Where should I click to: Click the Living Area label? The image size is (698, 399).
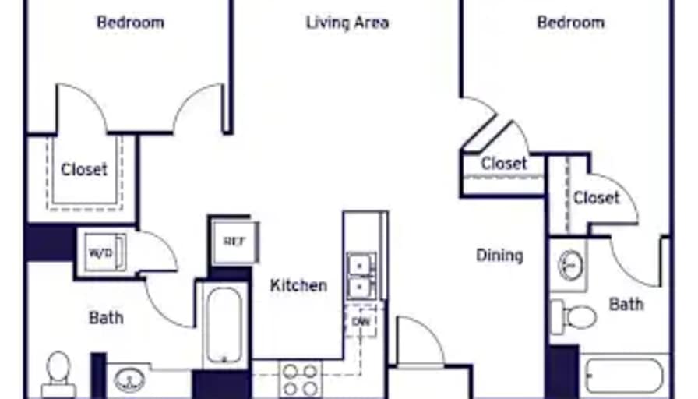tap(347, 23)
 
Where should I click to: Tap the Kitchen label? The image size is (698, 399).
tap(298, 285)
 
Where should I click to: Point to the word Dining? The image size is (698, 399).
tap(499, 256)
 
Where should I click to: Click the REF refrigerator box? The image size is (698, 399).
tap(234, 242)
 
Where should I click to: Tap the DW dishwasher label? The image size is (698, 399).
tap(361, 321)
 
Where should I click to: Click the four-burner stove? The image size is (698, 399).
tap(301, 379)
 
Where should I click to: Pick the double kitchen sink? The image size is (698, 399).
tap(361, 276)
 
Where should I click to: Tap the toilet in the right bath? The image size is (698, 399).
tap(573, 317)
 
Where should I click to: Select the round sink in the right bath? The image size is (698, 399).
tap(570, 266)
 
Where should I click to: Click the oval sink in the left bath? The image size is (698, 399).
tap(129, 380)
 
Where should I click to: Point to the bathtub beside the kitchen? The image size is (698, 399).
tap(224, 326)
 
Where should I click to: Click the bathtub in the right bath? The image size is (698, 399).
tap(625, 376)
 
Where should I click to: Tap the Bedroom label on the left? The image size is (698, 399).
tap(130, 23)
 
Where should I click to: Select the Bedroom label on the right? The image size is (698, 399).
tap(571, 23)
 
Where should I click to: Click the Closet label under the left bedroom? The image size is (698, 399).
tap(84, 170)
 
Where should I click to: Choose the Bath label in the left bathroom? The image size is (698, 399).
tap(107, 318)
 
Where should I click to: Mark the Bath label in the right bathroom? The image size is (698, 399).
tap(626, 305)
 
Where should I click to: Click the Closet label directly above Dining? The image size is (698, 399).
tap(504, 164)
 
